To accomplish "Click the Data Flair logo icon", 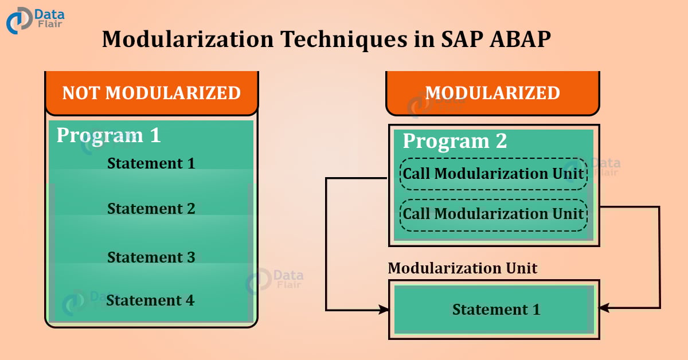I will tap(18, 21).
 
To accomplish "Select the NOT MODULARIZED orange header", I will tap(151, 93).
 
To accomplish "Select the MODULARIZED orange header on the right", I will tap(492, 93).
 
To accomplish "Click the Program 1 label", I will tap(108, 135).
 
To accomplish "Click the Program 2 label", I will tap(455, 140).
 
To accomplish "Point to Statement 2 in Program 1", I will tap(151, 208).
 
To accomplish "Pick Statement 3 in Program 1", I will tap(151, 257).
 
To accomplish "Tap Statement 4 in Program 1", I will tap(150, 300).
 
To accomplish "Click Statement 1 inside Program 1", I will tap(151, 163).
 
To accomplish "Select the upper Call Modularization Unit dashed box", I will tap(493, 174).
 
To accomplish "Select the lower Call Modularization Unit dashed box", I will tap(493, 214).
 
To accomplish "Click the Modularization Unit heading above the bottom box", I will tap(463, 268).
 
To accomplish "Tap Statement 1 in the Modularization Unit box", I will tap(496, 310).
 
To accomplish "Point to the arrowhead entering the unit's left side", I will tap(384, 310).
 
